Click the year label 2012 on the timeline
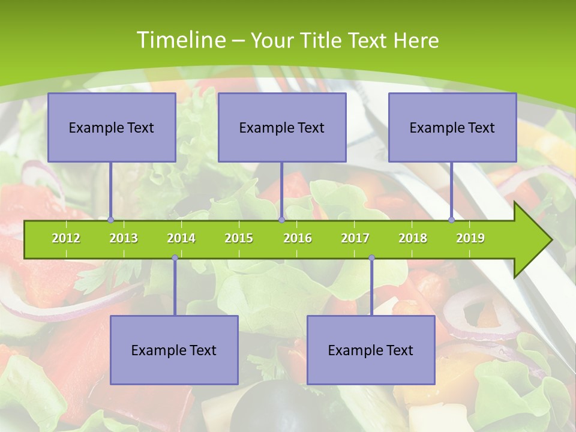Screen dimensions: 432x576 click(x=66, y=238)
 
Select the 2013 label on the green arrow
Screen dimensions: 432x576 click(x=124, y=238)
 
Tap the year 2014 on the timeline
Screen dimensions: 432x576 click(x=181, y=238)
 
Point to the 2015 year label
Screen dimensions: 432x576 click(x=239, y=238)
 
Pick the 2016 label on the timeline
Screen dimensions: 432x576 click(x=298, y=238)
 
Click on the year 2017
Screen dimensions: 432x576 click(x=355, y=238)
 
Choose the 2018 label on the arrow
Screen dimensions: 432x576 click(x=413, y=238)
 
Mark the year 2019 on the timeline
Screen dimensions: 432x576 click(x=470, y=238)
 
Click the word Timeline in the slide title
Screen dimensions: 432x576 click(x=179, y=40)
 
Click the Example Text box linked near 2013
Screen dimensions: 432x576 click(x=112, y=127)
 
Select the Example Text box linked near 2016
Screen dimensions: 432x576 click(x=282, y=127)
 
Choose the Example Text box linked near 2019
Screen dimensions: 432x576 click(x=452, y=127)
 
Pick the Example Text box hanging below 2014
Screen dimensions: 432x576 click(x=174, y=350)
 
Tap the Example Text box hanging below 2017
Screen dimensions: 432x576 click(x=371, y=350)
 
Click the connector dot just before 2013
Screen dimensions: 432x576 click(x=111, y=220)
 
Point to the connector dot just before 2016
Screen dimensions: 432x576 click(x=281, y=220)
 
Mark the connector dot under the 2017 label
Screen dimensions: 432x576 click(x=371, y=258)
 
